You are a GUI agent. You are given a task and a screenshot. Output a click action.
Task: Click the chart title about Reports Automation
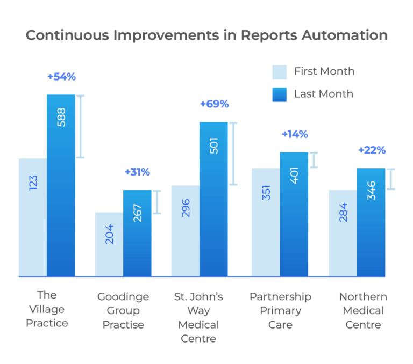pos(206,35)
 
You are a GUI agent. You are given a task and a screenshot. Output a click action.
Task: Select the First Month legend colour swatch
pos(280,72)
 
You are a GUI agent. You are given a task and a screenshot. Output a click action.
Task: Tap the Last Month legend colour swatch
pos(280,94)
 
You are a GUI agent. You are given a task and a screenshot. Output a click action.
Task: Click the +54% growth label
pos(61,77)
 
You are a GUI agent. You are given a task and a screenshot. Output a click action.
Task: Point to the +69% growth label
pos(214,104)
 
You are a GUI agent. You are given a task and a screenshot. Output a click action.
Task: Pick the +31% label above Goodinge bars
pos(137,172)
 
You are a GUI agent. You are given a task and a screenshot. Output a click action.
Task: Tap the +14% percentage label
pos(295,134)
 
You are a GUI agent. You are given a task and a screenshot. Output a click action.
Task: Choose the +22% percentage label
pos(372,150)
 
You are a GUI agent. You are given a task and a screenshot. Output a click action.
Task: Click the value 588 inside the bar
pos(61,117)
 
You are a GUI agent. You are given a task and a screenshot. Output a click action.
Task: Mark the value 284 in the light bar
pos(343,212)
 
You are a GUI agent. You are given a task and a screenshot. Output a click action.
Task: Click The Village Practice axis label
pos(47,309)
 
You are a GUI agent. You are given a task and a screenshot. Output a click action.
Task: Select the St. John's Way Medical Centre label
pos(198,317)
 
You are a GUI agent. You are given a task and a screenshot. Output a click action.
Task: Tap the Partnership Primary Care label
pos(280,310)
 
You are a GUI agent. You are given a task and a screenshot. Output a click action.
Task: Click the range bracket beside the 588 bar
pos(80,126)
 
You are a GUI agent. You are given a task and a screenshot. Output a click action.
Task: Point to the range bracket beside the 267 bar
pos(156,202)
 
